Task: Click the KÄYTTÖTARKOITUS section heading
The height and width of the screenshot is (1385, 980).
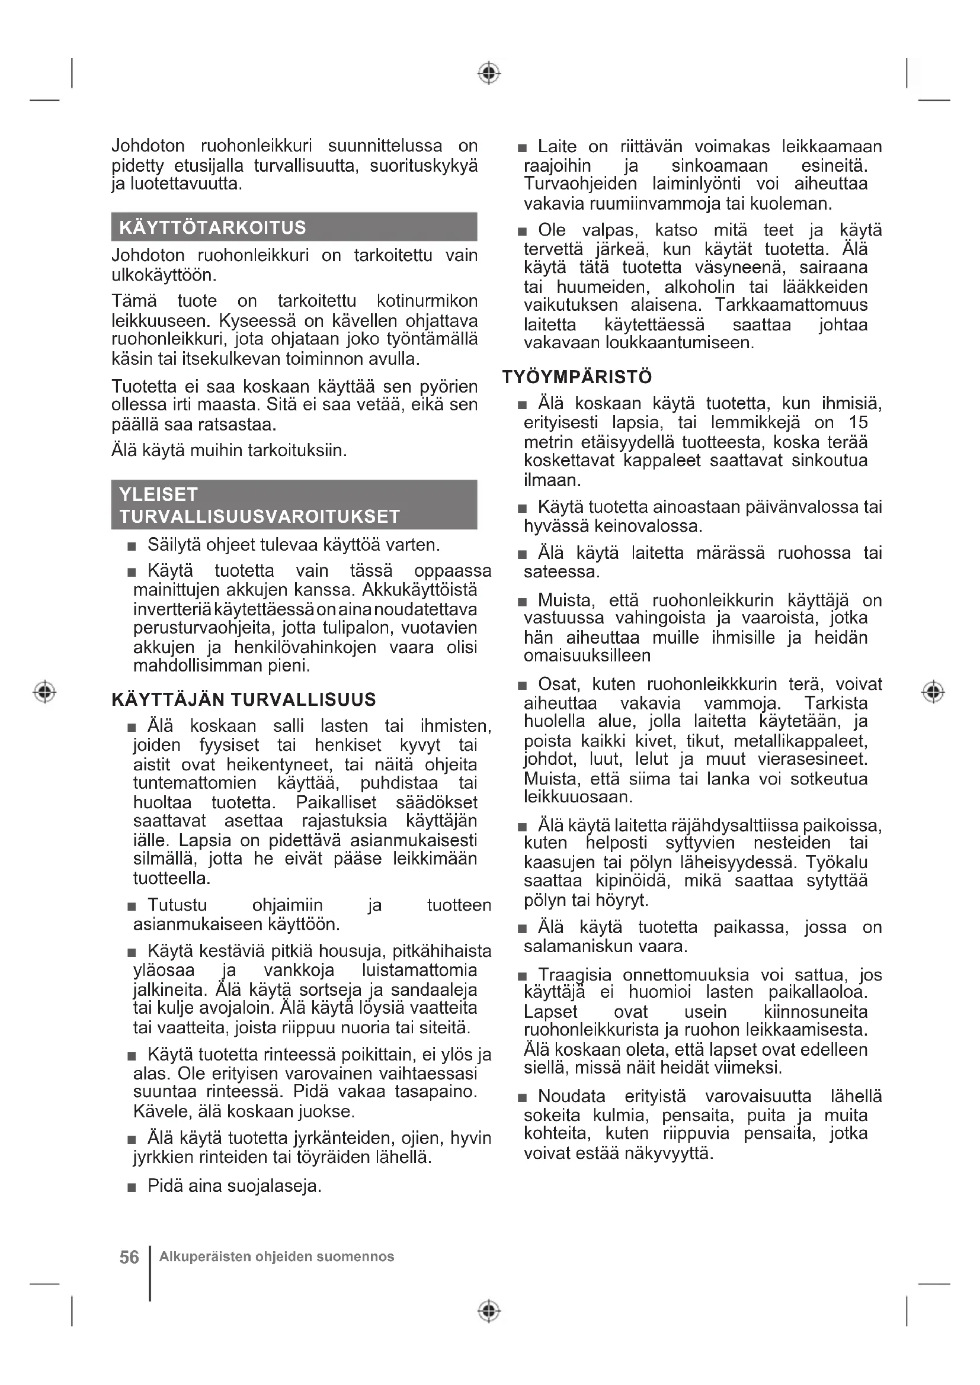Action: (213, 227)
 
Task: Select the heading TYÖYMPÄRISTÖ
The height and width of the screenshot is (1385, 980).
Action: (577, 377)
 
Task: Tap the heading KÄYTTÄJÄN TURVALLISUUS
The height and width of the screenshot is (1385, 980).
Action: (244, 699)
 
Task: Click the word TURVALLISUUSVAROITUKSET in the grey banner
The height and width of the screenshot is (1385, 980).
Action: (260, 516)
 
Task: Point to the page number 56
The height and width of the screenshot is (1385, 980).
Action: (129, 1257)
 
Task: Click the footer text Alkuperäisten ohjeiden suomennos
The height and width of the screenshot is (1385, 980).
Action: (276, 1257)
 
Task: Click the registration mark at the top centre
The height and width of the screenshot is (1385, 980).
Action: (489, 73)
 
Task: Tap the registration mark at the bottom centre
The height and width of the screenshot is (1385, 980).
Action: (489, 1311)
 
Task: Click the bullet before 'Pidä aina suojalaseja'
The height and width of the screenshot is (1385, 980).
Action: (132, 1188)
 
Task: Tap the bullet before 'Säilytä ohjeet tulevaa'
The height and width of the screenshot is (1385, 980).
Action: (132, 547)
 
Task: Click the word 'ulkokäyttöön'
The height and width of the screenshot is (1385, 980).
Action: (164, 275)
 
